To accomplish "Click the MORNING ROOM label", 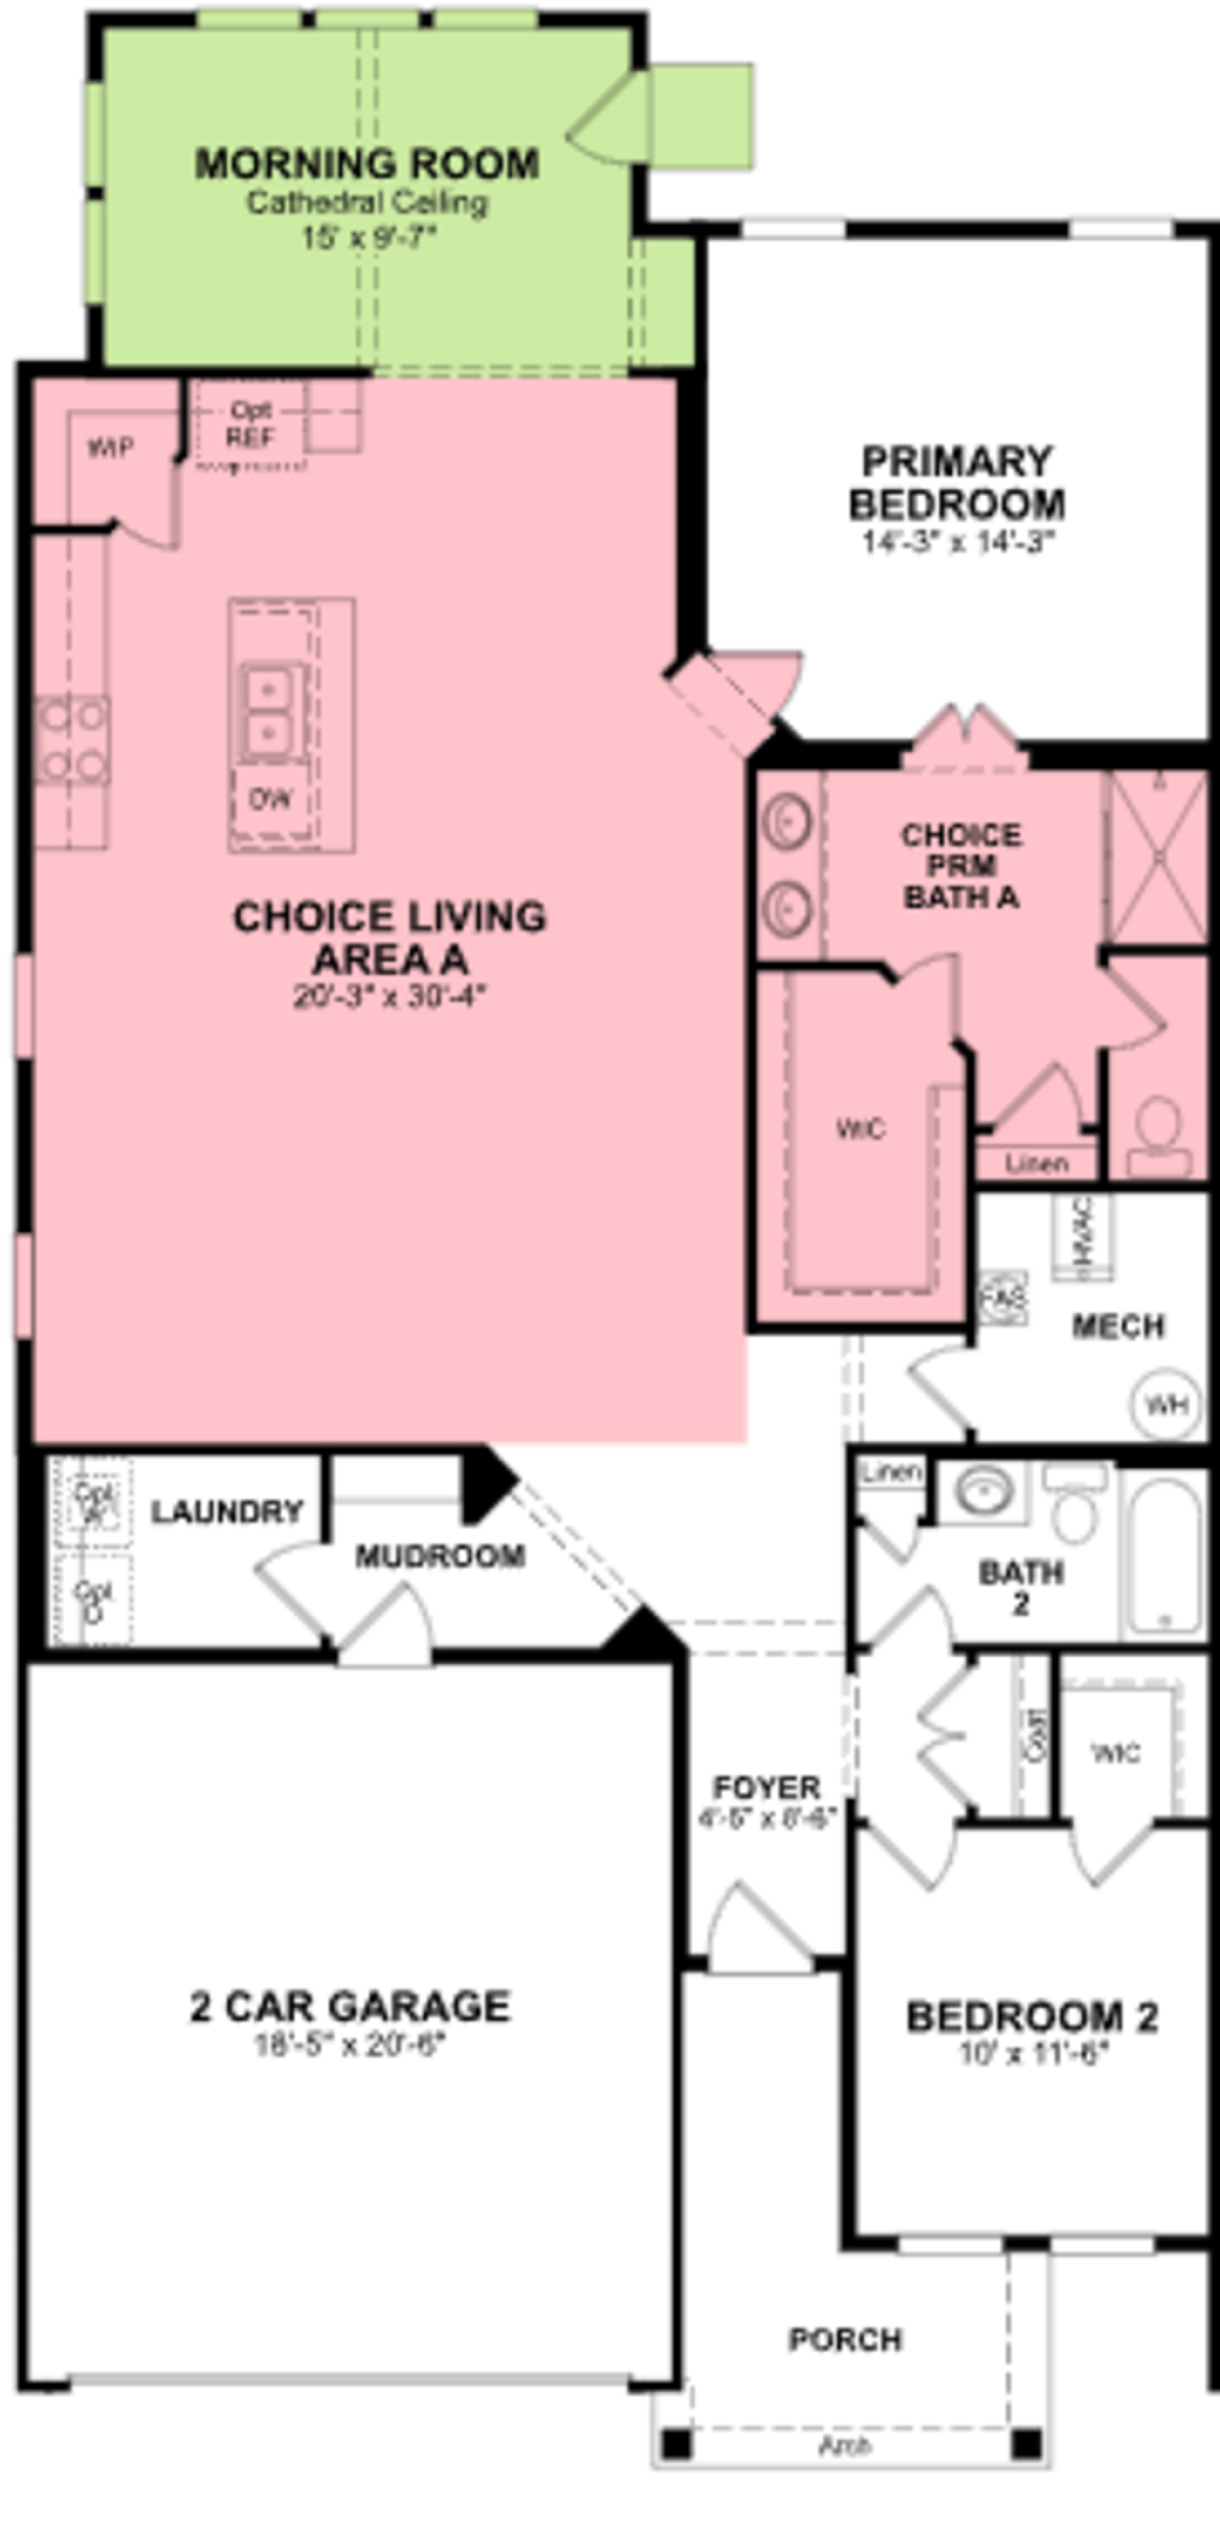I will click(367, 164).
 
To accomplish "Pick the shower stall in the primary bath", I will click(1157, 858).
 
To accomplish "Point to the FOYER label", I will click(766, 1788).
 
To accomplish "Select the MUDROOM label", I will click(440, 1556).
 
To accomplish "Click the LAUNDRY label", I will click(226, 1512).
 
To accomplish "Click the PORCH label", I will click(845, 2340).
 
